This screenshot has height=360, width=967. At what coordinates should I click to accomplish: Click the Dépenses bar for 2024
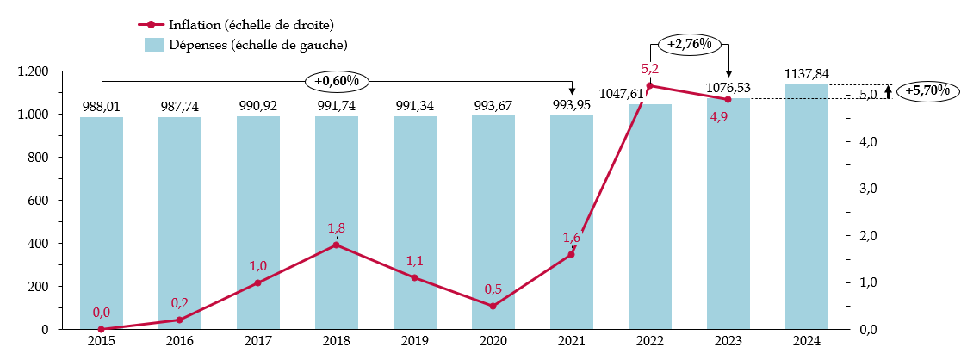807,207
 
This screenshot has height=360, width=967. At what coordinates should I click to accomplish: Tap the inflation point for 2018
336,245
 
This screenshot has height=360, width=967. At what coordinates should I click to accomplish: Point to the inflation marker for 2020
493,306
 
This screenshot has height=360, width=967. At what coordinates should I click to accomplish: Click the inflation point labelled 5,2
649,85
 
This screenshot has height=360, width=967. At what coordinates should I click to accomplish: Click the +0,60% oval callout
337,81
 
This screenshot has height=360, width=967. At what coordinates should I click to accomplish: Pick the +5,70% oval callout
927,90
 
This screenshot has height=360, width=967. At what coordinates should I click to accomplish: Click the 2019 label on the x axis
414,340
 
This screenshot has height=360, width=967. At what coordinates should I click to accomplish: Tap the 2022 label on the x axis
649,340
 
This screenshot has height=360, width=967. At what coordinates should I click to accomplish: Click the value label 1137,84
807,74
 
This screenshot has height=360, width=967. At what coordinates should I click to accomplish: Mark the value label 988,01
102,106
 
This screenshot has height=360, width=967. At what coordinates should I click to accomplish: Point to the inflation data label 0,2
180,302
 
